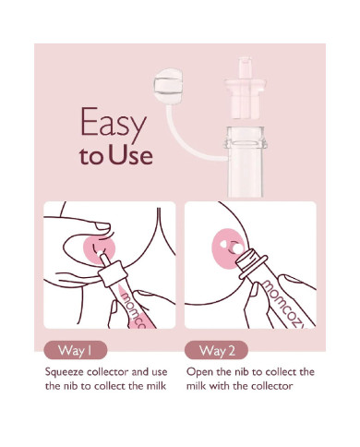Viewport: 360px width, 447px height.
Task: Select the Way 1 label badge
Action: (76, 350)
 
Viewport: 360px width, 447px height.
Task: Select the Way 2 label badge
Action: (217, 350)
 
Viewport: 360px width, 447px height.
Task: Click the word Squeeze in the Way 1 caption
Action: (65, 372)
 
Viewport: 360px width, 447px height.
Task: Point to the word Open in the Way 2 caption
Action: (199, 371)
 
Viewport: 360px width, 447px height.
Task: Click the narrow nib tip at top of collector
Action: (245, 66)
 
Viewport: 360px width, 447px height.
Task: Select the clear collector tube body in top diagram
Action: (246, 162)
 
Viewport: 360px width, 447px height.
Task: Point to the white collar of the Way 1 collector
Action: (113, 273)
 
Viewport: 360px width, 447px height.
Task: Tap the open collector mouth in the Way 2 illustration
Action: (251, 260)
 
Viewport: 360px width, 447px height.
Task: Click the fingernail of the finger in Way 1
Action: (102, 226)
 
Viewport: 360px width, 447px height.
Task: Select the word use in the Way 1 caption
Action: (159, 372)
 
